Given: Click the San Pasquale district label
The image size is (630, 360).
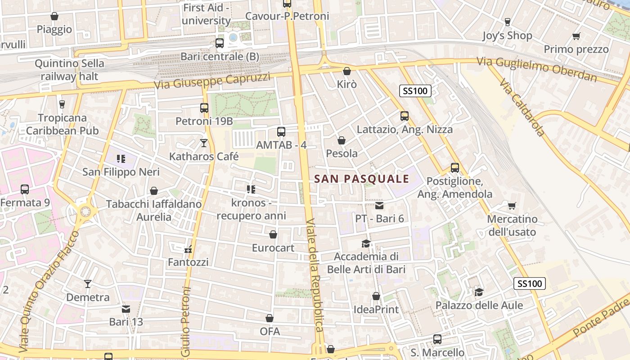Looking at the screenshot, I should coord(362,179).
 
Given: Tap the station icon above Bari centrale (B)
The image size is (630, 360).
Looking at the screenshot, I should coord(220,43).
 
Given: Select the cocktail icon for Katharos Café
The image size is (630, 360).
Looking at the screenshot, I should coord(204,143).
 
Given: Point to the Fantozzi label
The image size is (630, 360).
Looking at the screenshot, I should coord(188,262).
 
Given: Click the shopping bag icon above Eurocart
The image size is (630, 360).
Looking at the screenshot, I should coord(273,234).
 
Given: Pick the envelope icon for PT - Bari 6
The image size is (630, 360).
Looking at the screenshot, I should coord(379,206).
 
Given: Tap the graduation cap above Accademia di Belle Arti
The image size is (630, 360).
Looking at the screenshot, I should coord(366,243).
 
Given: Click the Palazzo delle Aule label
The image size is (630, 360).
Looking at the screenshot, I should coord(479,306).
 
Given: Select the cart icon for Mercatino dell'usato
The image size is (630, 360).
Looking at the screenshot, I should coord(512,206).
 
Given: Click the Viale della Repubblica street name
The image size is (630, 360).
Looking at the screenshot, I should coord(315,275).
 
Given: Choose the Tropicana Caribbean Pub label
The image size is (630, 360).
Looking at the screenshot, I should coord(62,125).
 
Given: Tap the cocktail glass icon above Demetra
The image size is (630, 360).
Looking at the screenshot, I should coord(88,284).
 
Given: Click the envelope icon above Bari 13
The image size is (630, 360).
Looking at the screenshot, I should coord(126,309).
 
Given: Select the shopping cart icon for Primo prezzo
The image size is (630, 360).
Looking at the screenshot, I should coord(576,36).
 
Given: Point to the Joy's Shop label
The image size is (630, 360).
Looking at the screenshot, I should coord(507,36).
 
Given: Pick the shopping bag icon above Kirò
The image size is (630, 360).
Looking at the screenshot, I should coord(346,71).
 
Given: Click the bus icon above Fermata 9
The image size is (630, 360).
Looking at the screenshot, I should coord(25,189).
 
